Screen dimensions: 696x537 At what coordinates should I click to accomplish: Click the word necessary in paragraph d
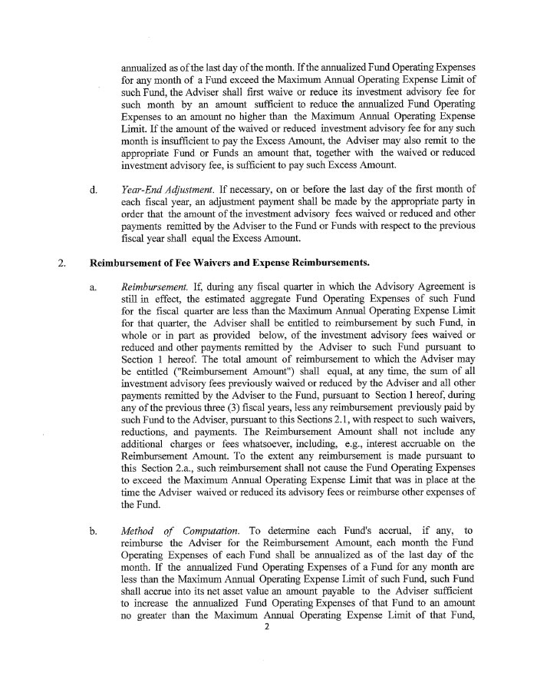click(261, 189)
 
